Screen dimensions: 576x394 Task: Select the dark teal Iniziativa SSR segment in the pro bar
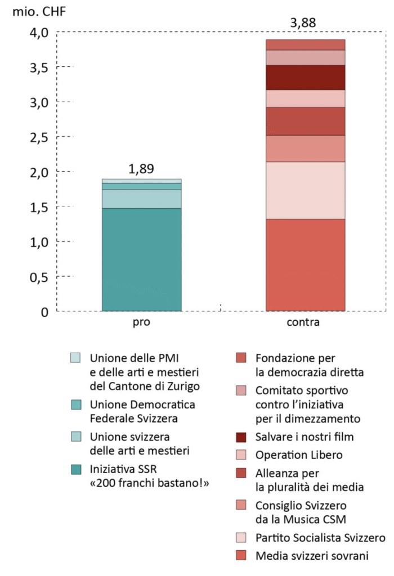[142, 259]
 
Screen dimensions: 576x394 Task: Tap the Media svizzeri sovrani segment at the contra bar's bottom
[305, 264]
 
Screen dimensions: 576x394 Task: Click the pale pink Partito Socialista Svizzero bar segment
[305, 190]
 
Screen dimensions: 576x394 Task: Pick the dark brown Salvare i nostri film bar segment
[305, 78]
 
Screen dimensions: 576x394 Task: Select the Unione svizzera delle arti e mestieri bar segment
[142, 199]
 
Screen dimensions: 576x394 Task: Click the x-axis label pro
[141, 323]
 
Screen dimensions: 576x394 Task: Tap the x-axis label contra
[303, 323]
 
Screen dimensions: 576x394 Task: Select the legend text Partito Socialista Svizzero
[320, 538]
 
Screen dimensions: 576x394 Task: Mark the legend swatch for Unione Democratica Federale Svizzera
[76, 404]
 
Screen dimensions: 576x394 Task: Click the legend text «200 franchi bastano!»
[149, 483]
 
